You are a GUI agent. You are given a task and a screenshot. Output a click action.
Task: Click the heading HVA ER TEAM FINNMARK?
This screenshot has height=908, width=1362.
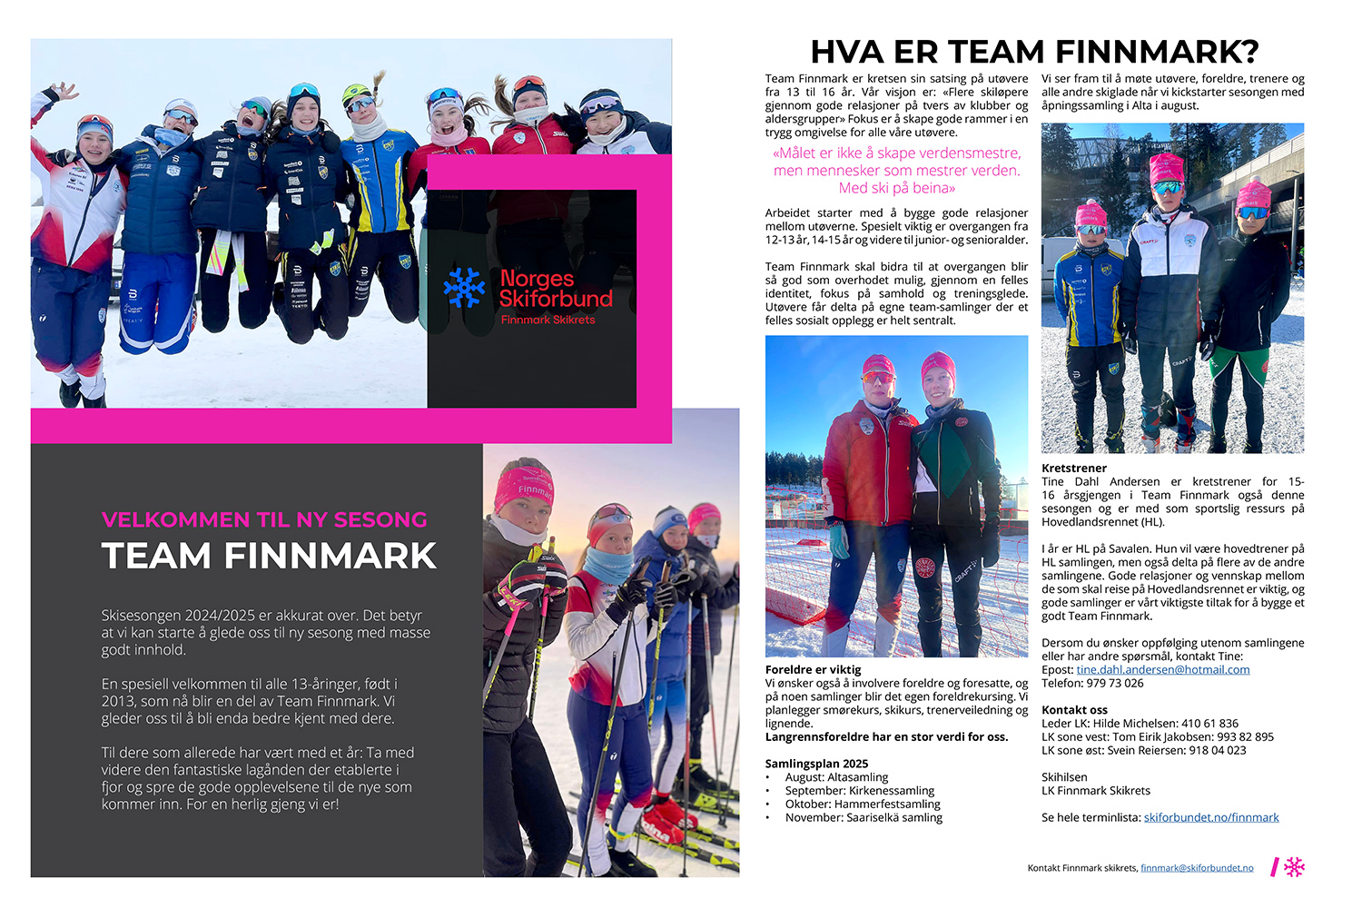click(1034, 52)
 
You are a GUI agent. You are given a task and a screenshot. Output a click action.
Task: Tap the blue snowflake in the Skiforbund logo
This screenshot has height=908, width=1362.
click(464, 287)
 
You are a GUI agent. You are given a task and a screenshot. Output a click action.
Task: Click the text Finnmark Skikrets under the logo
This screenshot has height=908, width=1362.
click(548, 320)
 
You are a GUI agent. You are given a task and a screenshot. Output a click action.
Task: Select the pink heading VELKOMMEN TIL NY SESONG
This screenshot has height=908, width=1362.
click(264, 519)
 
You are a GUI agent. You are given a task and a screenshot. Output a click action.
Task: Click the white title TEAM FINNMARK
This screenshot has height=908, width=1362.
click(269, 556)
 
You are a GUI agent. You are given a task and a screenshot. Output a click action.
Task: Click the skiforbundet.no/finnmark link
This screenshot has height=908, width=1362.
click(1210, 817)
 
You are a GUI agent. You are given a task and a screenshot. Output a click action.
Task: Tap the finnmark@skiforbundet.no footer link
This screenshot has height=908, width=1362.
click(1197, 868)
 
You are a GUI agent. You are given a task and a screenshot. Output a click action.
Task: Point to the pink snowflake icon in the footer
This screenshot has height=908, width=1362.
click(1294, 867)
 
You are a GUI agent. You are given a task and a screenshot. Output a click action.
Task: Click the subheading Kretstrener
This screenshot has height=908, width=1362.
click(1074, 469)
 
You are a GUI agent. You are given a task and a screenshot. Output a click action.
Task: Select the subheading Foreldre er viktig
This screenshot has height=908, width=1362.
click(813, 669)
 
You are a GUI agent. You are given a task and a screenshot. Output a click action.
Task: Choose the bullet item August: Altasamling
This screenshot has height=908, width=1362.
click(836, 777)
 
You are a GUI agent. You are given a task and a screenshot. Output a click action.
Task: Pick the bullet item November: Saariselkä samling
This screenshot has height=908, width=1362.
click(864, 817)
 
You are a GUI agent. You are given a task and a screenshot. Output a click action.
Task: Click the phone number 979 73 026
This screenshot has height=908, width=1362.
click(1115, 683)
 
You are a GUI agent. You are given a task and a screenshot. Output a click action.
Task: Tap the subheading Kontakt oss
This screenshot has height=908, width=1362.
click(1074, 710)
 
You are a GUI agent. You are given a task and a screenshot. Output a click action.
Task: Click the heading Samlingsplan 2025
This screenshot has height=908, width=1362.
click(816, 764)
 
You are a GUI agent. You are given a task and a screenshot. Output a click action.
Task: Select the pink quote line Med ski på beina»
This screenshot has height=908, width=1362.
click(896, 188)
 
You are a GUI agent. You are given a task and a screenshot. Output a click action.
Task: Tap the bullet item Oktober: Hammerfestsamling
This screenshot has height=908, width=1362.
click(863, 804)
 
